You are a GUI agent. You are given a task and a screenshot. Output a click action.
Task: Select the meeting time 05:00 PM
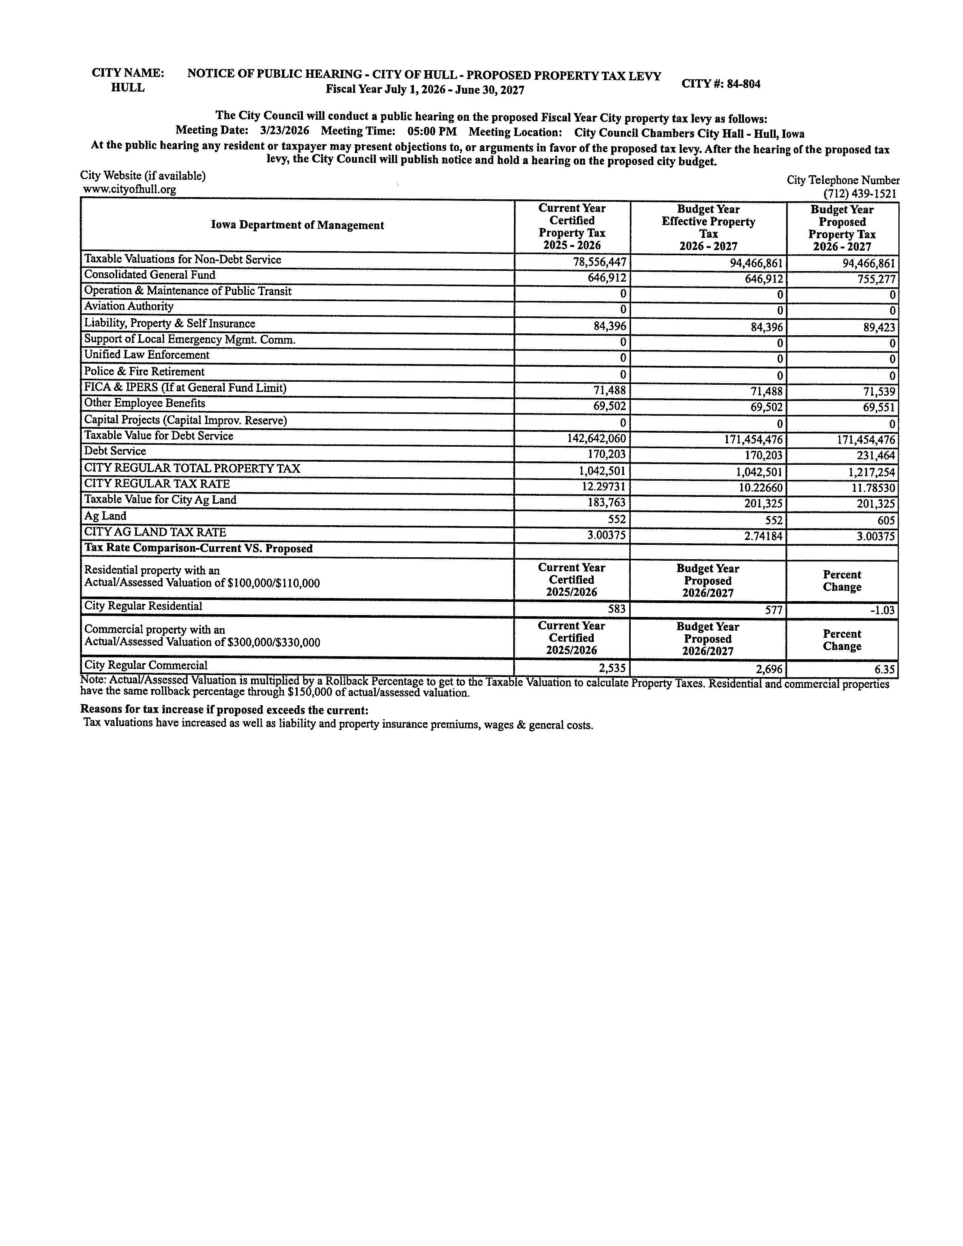click(x=432, y=131)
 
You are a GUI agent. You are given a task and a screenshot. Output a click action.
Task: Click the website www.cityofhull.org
click(x=130, y=190)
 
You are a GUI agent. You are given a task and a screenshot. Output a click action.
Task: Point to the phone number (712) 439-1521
click(x=859, y=194)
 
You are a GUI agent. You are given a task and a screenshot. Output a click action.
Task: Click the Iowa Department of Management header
click(x=297, y=225)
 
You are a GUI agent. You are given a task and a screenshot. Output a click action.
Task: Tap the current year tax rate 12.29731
click(x=600, y=488)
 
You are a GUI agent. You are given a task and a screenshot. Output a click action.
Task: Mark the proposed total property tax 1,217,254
click(x=871, y=472)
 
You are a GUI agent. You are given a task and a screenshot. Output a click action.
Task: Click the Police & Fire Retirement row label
click(x=144, y=372)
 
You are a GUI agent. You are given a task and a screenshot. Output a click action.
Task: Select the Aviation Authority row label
click(x=129, y=306)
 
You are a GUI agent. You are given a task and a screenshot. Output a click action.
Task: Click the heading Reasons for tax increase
click(x=224, y=710)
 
